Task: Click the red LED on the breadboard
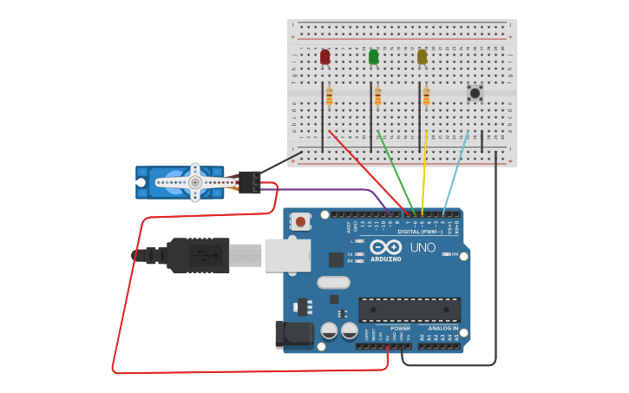[x=324, y=57]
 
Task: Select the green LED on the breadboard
[x=373, y=57]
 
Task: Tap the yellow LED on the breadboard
[x=422, y=57]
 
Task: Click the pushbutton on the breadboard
[x=475, y=93]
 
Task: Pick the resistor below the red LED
[x=329, y=97]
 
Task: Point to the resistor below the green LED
[x=377, y=97]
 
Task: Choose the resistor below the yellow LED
[x=426, y=97]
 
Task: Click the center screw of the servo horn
[x=195, y=182]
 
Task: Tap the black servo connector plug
[x=250, y=182]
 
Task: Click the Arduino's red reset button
[x=300, y=221]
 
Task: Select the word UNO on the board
[x=423, y=247]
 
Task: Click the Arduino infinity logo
[x=385, y=247]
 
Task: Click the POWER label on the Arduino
[x=400, y=329]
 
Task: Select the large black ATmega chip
[x=410, y=309]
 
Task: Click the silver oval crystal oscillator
[x=333, y=282]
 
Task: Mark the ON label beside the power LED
[x=455, y=254]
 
